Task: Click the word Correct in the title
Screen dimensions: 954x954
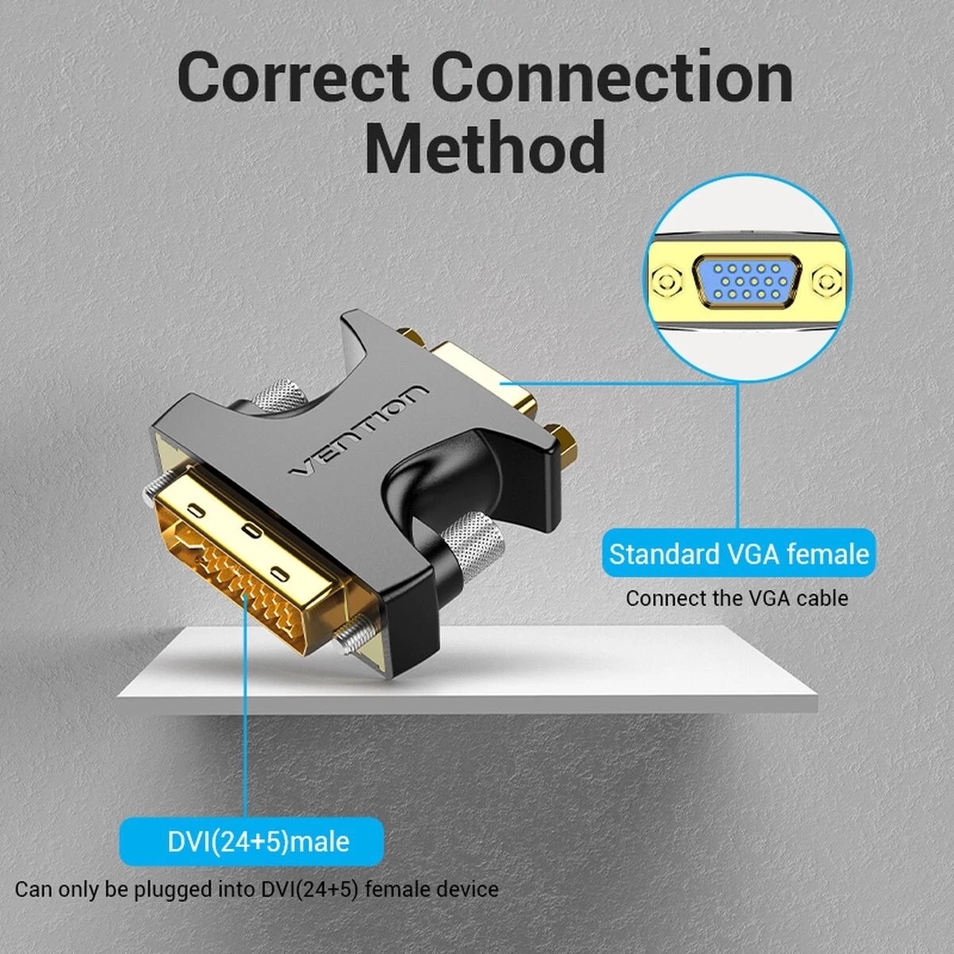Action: (294, 78)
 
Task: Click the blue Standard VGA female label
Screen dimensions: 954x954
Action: (739, 553)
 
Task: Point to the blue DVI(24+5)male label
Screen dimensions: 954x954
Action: (252, 840)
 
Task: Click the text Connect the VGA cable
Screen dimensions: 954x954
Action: (736, 598)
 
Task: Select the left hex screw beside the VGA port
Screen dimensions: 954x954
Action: (666, 281)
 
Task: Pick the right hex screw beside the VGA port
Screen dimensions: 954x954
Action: (830, 281)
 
